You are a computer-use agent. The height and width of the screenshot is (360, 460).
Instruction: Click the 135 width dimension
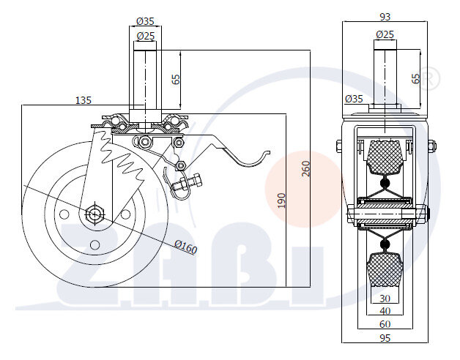(x=84, y=99)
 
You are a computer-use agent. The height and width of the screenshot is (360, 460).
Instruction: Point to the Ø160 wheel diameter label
(x=185, y=248)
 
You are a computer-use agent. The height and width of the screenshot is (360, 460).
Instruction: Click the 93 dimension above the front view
(x=385, y=17)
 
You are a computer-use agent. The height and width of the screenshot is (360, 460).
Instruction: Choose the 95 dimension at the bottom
(x=385, y=338)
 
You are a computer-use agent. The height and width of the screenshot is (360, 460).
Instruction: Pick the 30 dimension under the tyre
(x=385, y=298)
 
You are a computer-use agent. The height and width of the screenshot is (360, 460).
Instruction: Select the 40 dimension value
(x=385, y=311)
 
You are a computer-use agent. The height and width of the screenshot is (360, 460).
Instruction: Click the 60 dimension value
(x=385, y=324)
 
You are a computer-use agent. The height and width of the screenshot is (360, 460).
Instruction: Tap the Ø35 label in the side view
(x=145, y=21)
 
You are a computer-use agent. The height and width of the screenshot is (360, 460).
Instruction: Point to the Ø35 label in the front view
(x=353, y=99)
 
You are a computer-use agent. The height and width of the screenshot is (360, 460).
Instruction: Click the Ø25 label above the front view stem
(x=385, y=34)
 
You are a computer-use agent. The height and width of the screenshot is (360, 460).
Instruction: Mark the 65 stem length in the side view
(x=176, y=79)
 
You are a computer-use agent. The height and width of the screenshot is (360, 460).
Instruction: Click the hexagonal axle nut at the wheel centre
(x=94, y=214)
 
